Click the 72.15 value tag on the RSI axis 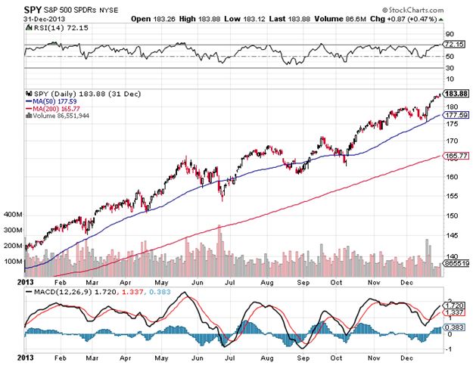click(451, 45)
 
